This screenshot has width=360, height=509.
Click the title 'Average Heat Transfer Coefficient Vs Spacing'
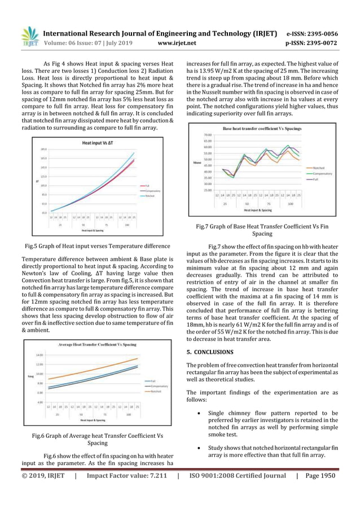point(91,344)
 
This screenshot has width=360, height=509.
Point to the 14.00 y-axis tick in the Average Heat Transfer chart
point(39,355)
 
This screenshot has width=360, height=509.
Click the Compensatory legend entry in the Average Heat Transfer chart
point(154,385)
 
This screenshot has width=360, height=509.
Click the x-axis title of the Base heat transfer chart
point(258,210)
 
